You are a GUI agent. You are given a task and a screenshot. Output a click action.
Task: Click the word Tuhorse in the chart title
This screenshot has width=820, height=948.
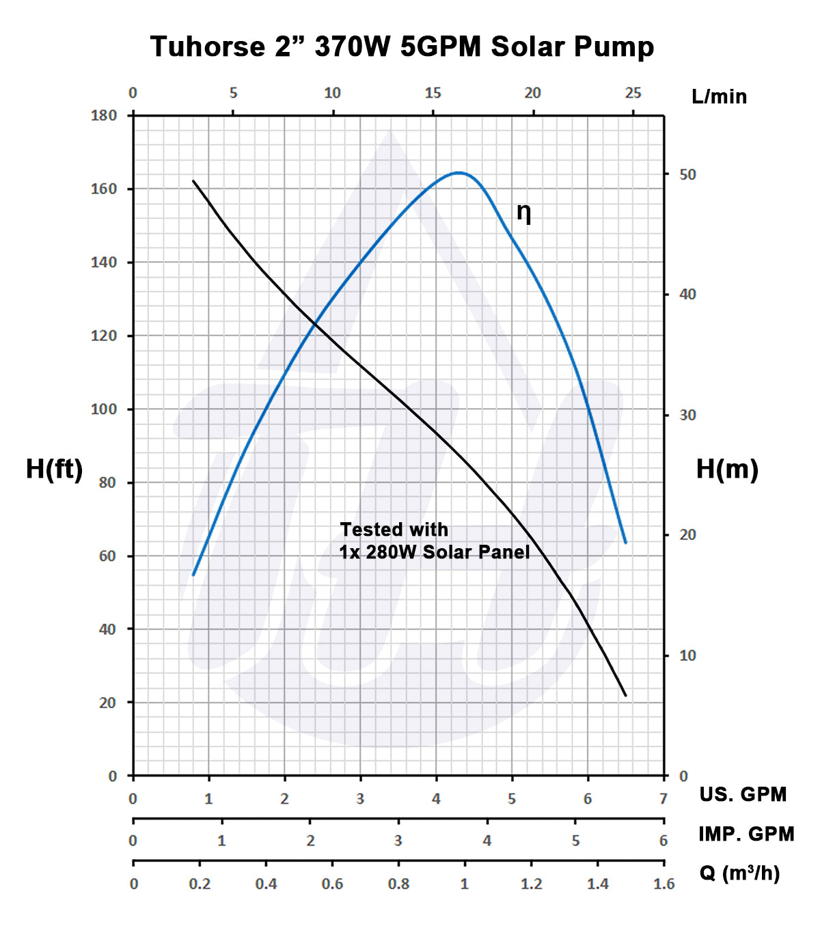(x=207, y=46)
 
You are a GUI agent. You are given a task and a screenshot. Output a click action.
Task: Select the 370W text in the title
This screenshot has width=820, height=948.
(x=352, y=46)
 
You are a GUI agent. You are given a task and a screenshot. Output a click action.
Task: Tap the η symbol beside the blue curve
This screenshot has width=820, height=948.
(x=523, y=213)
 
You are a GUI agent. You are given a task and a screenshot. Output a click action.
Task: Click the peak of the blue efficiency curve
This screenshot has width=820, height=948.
(x=459, y=173)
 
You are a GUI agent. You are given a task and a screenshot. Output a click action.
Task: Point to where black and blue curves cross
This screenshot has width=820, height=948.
(x=315, y=324)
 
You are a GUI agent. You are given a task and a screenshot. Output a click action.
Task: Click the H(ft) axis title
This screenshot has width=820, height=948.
(x=54, y=469)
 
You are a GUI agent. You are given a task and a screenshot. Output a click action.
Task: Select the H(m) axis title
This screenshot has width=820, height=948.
(x=727, y=469)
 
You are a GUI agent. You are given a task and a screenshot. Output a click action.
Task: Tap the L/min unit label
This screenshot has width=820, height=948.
(x=719, y=97)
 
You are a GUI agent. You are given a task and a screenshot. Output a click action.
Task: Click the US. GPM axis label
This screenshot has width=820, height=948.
(x=743, y=794)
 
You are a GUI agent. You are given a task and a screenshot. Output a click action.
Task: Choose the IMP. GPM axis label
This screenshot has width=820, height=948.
(x=746, y=834)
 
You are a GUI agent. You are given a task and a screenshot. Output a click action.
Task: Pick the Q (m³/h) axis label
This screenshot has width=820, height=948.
(x=739, y=873)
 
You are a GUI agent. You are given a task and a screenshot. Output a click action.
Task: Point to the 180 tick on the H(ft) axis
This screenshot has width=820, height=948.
(x=104, y=115)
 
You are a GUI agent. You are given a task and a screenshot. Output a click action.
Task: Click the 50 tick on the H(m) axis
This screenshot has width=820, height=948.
(x=687, y=174)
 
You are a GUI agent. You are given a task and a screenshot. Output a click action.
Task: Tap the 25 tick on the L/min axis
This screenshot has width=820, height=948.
(x=633, y=93)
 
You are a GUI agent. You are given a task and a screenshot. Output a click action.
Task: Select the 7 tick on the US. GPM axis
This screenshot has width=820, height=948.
(x=663, y=798)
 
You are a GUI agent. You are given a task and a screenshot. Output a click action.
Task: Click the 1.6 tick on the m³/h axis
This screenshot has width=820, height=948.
(x=664, y=884)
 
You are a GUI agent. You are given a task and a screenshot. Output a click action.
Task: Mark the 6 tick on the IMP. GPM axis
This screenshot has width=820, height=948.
(x=663, y=840)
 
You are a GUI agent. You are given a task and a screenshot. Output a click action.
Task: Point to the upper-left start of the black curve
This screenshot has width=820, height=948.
(x=193, y=180)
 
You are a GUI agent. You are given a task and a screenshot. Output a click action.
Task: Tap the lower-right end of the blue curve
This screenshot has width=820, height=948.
(x=625, y=543)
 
